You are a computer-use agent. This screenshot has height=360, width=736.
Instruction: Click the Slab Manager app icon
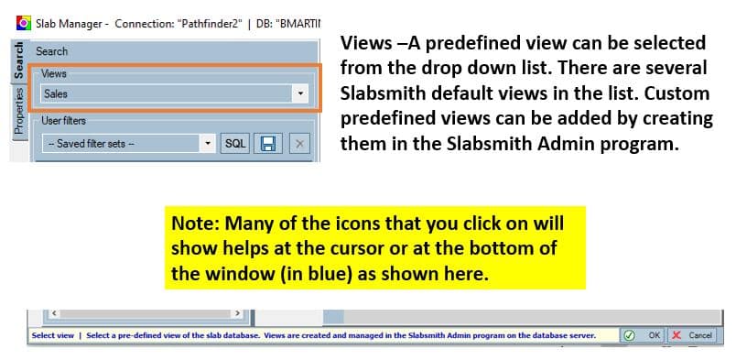[x=24, y=23]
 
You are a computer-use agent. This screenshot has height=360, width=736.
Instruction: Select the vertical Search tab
[x=19, y=60]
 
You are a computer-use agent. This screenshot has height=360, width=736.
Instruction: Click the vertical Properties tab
[x=19, y=111]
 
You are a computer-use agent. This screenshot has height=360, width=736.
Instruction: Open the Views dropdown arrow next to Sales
[x=300, y=93]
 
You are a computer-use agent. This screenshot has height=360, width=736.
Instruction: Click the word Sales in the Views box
[x=56, y=94]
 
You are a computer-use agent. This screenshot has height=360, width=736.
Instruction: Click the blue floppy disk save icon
[x=268, y=143]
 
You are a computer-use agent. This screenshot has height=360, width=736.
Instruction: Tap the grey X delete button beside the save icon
[x=299, y=143]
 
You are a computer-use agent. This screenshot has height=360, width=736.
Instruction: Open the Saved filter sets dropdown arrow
[x=208, y=143]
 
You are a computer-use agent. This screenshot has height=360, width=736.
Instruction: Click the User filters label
[x=63, y=121]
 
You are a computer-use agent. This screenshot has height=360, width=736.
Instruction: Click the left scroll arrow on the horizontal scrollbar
[x=54, y=313]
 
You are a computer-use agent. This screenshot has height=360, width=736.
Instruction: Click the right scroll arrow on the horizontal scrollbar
[x=237, y=313]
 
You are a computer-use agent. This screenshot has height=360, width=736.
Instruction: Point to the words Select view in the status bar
[x=53, y=335]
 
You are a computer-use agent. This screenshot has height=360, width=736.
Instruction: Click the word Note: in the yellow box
[x=195, y=223]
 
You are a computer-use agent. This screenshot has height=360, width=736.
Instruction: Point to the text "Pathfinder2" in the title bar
[x=210, y=24]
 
